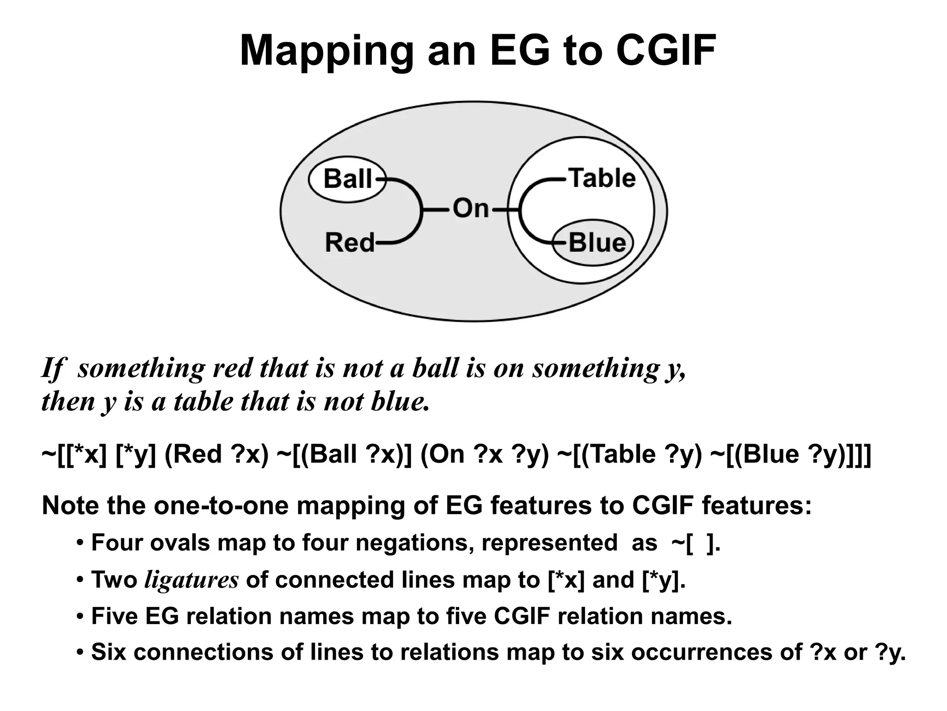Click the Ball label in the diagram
point(347,179)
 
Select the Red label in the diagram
point(350,242)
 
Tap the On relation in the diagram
point(470,208)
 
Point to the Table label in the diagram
point(603,178)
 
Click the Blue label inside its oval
point(597,242)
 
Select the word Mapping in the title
point(326,51)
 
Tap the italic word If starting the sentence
point(51,369)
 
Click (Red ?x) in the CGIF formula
point(216,454)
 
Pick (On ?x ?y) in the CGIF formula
point(485,454)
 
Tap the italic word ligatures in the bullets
point(191,580)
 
